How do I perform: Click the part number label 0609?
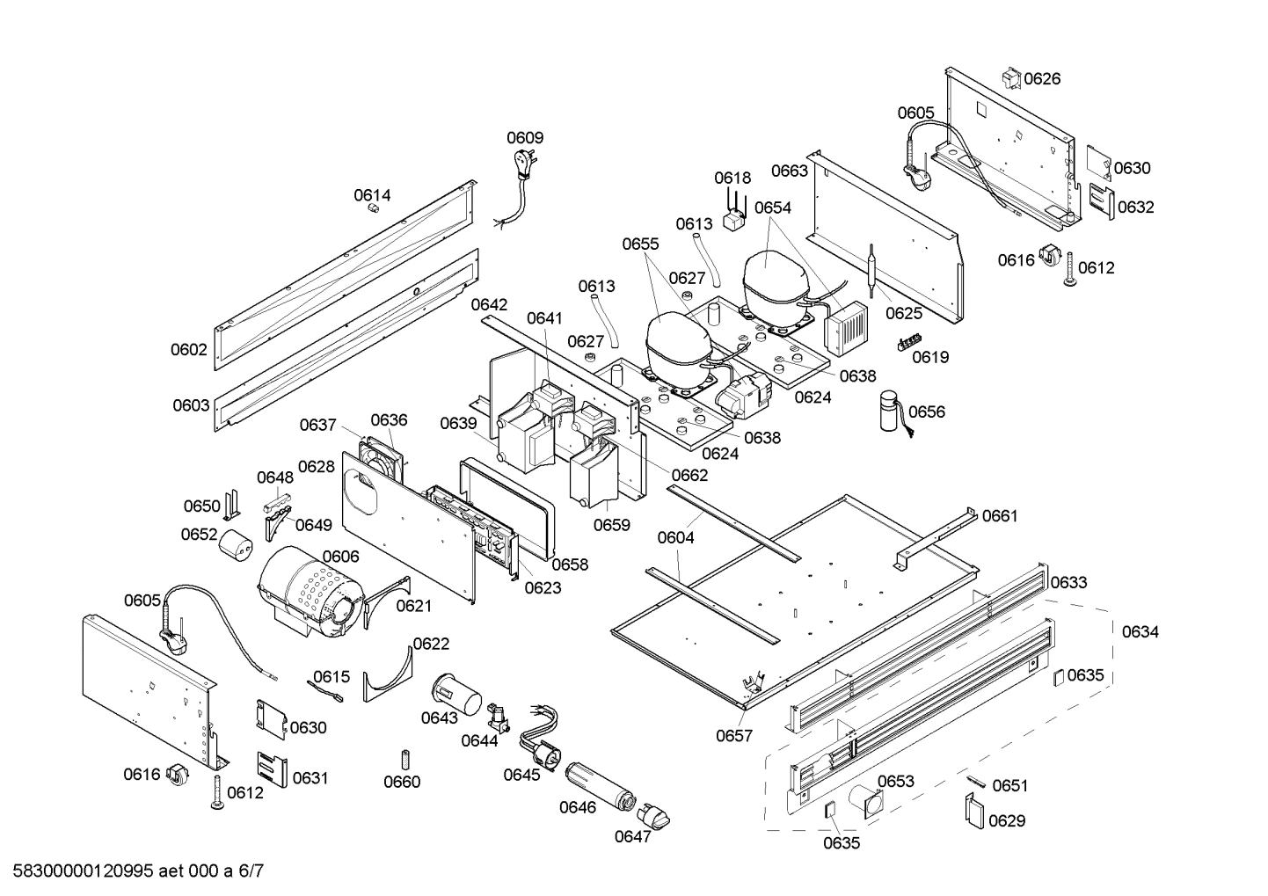[x=524, y=137]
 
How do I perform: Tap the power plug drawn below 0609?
[x=524, y=164]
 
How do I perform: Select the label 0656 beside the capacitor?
[x=927, y=412]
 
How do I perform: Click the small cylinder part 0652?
[x=236, y=545]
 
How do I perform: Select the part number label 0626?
[x=1042, y=78]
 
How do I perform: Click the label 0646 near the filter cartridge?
[x=577, y=807]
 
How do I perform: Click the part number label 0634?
[x=1140, y=631]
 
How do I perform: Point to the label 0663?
[x=789, y=171]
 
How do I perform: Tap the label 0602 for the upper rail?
[x=189, y=349]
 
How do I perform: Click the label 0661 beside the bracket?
[x=999, y=515]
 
